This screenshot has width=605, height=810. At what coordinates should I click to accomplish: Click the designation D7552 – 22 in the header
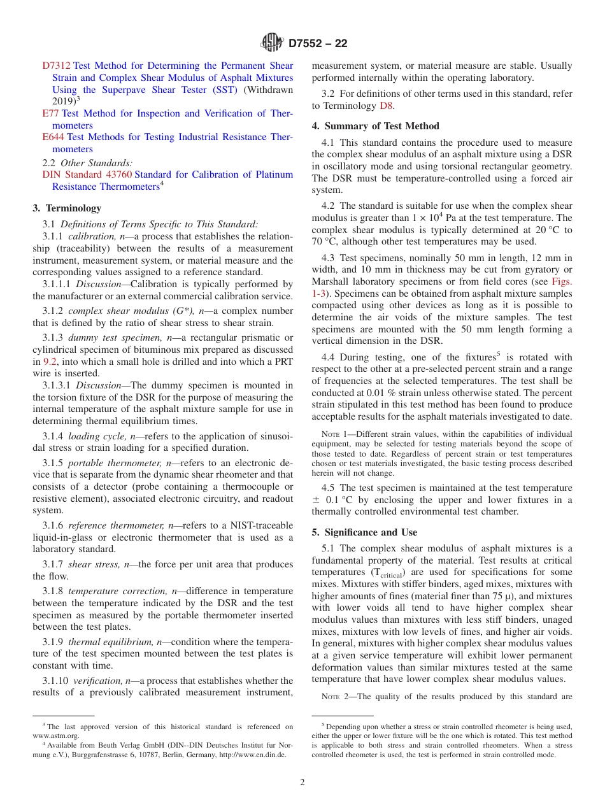pyautogui.click(x=318, y=44)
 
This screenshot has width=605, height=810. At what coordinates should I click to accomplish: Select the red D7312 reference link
pyautogui.click(x=57, y=66)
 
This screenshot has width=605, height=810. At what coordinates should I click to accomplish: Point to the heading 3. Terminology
pyautogui.click(x=67, y=208)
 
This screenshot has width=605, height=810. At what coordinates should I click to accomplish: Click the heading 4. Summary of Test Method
pyautogui.click(x=375, y=126)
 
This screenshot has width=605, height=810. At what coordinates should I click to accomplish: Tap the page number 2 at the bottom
pyautogui.click(x=302, y=783)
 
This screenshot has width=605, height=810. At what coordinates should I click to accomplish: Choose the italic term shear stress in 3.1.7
pyautogui.click(x=94, y=564)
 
